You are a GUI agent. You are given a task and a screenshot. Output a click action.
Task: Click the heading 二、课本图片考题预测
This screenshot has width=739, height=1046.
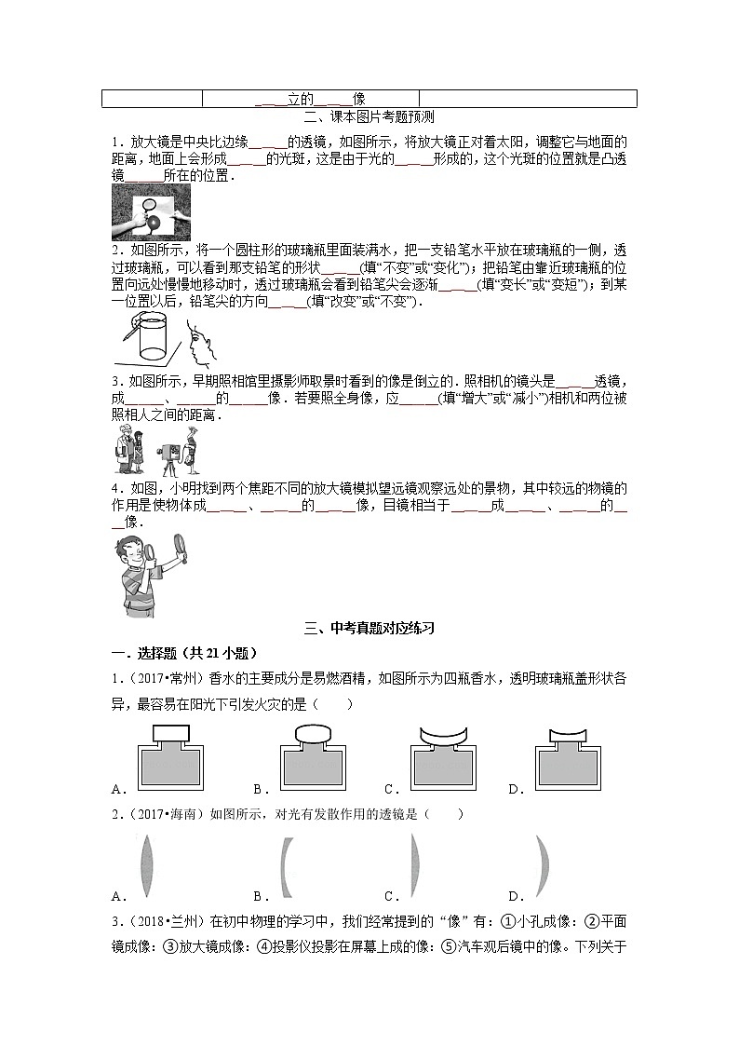pos(369,117)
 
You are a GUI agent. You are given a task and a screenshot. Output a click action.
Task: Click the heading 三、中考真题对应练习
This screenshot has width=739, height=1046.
pos(369,629)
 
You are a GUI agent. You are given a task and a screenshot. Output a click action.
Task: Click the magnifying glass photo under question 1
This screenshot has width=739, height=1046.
pos(151,212)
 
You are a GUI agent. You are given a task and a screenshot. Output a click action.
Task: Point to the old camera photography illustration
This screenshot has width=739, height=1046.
pos(156,451)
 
